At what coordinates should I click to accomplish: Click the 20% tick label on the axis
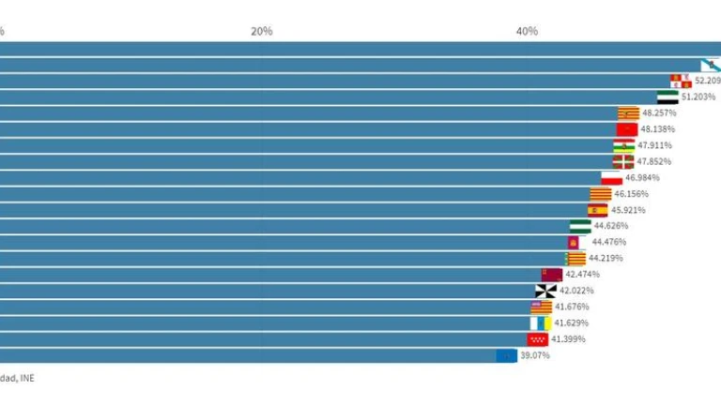[x=261, y=31]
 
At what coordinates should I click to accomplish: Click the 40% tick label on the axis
[x=527, y=31]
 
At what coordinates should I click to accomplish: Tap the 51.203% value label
[x=698, y=97]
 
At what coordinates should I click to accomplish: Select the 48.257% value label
[x=659, y=112]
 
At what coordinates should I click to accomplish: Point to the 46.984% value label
[x=642, y=177]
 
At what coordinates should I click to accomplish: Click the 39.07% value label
[x=535, y=355]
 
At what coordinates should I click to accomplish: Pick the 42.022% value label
[x=577, y=291]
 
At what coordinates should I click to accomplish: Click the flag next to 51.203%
[x=667, y=97]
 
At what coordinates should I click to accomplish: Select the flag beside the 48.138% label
[x=626, y=129]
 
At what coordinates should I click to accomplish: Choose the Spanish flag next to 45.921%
[x=598, y=210]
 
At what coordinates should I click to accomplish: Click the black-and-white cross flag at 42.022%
[x=545, y=291]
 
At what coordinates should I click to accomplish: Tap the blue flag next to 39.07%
[x=506, y=355]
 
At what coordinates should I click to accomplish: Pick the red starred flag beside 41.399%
[x=537, y=339]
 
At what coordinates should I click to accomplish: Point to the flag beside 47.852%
[x=623, y=161]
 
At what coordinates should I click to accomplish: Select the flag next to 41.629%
[x=540, y=322]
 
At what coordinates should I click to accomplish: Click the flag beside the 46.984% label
[x=611, y=177]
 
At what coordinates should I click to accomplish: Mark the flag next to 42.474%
[x=551, y=275]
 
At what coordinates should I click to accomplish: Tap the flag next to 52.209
[x=681, y=81]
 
